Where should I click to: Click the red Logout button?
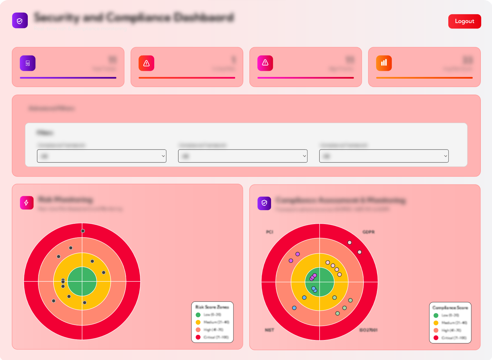click(x=464, y=21)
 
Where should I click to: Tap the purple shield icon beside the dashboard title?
click(x=20, y=21)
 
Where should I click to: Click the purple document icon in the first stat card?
click(x=27, y=63)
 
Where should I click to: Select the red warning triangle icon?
click(x=146, y=63)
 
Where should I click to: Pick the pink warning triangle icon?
click(x=265, y=63)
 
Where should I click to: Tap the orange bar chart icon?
click(x=384, y=63)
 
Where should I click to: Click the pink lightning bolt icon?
click(x=26, y=203)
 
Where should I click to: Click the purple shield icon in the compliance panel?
click(x=264, y=203)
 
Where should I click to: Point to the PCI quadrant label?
click(x=269, y=232)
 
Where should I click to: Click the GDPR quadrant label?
click(x=368, y=232)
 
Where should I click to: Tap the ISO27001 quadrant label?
click(x=368, y=330)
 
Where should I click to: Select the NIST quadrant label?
click(x=269, y=330)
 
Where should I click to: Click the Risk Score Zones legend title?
click(x=212, y=307)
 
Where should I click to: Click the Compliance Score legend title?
click(x=450, y=308)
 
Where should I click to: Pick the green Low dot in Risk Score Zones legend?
click(x=198, y=315)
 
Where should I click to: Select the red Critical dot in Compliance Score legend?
click(x=436, y=338)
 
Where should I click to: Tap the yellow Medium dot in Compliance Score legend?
click(x=436, y=323)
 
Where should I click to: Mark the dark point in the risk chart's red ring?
click(x=83, y=231)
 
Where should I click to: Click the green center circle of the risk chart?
click(x=82, y=281)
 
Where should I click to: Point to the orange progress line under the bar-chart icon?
click(x=424, y=78)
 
